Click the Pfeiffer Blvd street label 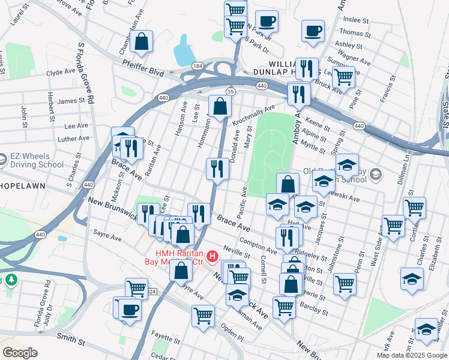(143, 71)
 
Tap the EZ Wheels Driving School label (36, 160)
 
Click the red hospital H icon (211, 257)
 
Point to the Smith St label (71, 339)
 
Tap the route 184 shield (197, 65)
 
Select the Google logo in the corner (20, 352)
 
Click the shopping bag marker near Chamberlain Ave (142, 42)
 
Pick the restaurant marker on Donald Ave (217, 169)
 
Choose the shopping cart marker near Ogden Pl (203, 315)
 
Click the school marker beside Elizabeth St (412, 279)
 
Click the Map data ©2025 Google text (412, 355)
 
